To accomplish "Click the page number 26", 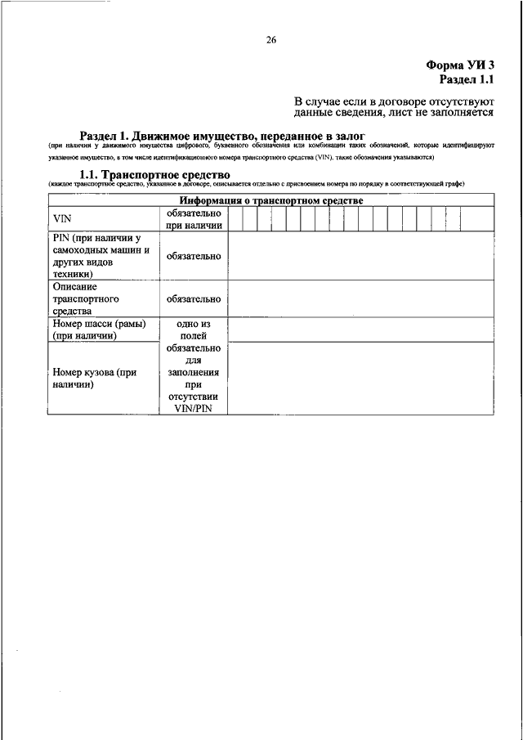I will point(271,38).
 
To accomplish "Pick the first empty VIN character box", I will point(235,219).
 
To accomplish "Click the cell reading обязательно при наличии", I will point(194,219).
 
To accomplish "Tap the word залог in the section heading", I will point(346,135).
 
